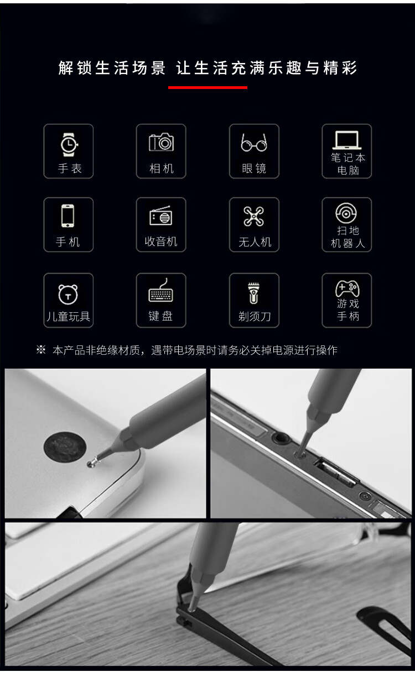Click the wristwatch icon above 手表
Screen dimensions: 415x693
[x=69, y=144]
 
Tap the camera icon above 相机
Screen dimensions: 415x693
[x=161, y=143]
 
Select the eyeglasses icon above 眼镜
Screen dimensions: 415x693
[x=254, y=143]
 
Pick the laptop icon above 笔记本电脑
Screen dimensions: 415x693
[x=347, y=140]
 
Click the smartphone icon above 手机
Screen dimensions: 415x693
[x=68, y=216]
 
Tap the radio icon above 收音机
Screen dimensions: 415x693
[x=160, y=216]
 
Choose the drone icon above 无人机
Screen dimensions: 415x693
[x=254, y=216]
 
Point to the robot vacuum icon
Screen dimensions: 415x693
[x=346, y=213]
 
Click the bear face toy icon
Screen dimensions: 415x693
[x=68, y=294]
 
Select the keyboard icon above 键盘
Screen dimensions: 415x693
[x=160, y=291]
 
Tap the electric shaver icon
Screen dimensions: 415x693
[x=253, y=293]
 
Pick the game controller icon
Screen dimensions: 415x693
[x=347, y=288]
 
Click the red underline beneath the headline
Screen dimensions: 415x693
[x=208, y=87]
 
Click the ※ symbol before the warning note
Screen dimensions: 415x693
[x=41, y=350]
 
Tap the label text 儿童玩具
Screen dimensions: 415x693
[x=69, y=317]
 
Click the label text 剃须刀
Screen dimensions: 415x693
[x=255, y=317]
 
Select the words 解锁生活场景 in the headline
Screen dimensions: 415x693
[x=112, y=68]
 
